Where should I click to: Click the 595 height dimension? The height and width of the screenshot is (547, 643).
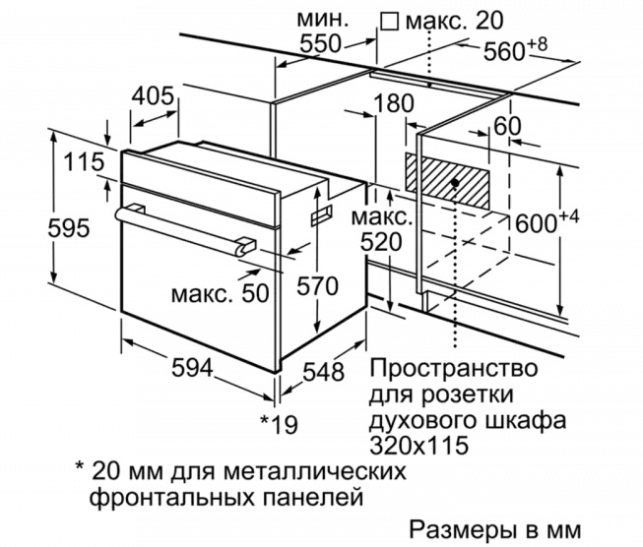click(69, 228)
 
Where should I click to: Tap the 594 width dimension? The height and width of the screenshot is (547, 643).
click(192, 367)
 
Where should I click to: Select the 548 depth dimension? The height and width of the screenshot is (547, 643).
click(323, 372)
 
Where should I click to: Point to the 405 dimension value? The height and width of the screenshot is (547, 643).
click(154, 96)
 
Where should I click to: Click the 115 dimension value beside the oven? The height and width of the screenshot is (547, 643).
click(84, 161)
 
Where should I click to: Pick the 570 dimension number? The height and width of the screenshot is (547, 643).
click(317, 285)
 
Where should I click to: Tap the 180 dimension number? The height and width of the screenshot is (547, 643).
click(394, 103)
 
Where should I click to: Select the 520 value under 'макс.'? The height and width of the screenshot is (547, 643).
click(381, 242)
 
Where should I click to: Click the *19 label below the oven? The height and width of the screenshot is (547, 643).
click(280, 424)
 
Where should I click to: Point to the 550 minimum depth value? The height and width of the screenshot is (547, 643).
click(320, 43)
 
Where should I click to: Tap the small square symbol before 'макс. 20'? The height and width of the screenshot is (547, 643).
click(389, 21)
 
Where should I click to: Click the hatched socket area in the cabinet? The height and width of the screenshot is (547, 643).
click(447, 181)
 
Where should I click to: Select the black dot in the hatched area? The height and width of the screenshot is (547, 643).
click(454, 183)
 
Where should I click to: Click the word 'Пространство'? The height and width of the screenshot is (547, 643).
click(454, 369)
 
